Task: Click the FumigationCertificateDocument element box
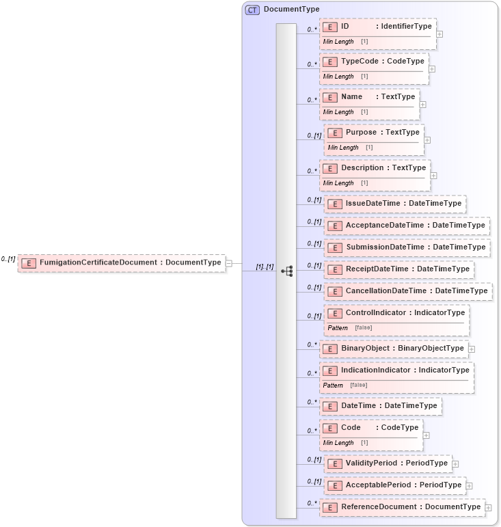pyautogui.click(x=122, y=262)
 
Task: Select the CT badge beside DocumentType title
pyautogui.click(x=252, y=10)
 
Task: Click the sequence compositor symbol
pyautogui.click(x=286, y=271)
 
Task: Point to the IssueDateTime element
pyautogui.click(x=394, y=204)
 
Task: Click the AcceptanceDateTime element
pyautogui.click(x=407, y=226)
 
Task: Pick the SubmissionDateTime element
pyautogui.click(x=407, y=247)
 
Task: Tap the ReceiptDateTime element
pyautogui.click(x=399, y=269)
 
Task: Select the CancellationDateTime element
pyautogui.click(x=408, y=291)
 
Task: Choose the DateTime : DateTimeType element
pyautogui.click(x=381, y=406)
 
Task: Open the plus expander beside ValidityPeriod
pyautogui.click(x=456, y=464)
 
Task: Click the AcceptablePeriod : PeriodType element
pyautogui.click(x=395, y=485)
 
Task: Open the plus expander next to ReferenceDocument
pyautogui.click(x=489, y=508)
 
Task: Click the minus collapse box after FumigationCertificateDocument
pyautogui.click(x=229, y=262)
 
